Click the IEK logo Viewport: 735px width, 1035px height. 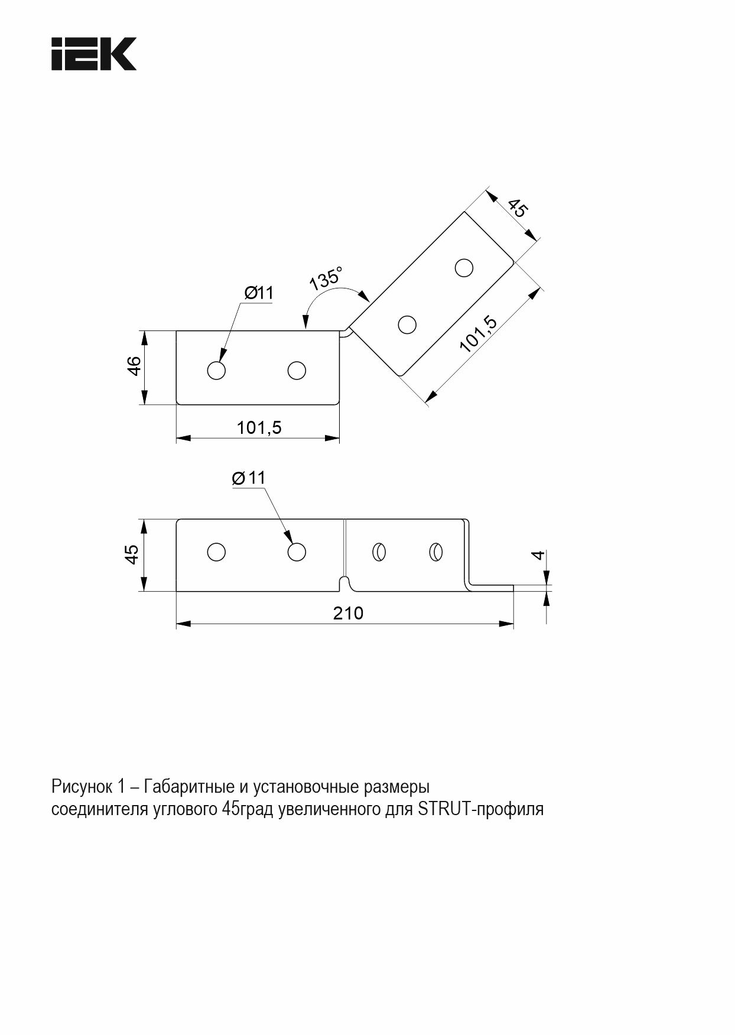pyautogui.click(x=94, y=54)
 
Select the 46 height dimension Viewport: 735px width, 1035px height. pyautogui.click(x=134, y=366)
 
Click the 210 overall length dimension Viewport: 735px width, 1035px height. pyautogui.click(x=348, y=613)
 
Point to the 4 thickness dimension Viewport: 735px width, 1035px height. pyautogui.click(x=537, y=555)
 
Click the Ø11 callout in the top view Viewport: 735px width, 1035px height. pyautogui.click(x=259, y=293)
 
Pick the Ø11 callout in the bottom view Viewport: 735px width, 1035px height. pyautogui.click(x=249, y=478)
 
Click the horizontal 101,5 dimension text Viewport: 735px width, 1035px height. pyautogui.click(x=259, y=427)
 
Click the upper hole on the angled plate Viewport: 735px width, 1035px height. pyautogui.click(x=464, y=268)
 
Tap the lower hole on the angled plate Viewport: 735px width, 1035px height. pyautogui.click(x=407, y=324)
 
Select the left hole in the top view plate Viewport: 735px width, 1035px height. pyautogui.click(x=217, y=371)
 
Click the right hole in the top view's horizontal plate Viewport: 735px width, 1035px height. pyautogui.click(x=297, y=371)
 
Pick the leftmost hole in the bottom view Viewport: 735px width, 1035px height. pyautogui.click(x=217, y=552)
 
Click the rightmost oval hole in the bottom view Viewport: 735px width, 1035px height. pyautogui.click(x=436, y=552)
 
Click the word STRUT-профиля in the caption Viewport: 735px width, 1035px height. pyautogui.click(x=480, y=809)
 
